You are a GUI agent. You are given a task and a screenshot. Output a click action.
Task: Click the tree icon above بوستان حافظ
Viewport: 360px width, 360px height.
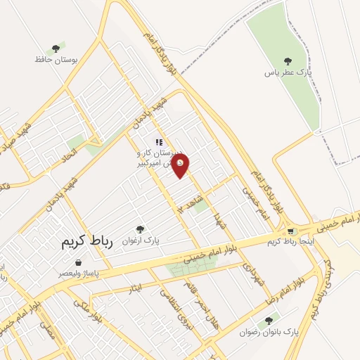coord(55,49)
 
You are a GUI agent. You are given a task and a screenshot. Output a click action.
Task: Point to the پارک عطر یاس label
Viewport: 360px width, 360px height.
coord(288,72)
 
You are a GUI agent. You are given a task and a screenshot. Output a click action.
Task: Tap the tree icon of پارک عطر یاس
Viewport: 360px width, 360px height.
coord(286,61)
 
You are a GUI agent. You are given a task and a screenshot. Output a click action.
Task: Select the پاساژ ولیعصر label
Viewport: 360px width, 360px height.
coord(79,272)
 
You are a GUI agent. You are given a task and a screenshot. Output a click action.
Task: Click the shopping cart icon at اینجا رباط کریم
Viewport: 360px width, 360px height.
coord(290,231)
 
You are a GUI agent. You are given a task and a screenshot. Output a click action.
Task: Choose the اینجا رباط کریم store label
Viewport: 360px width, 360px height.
coord(290,242)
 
